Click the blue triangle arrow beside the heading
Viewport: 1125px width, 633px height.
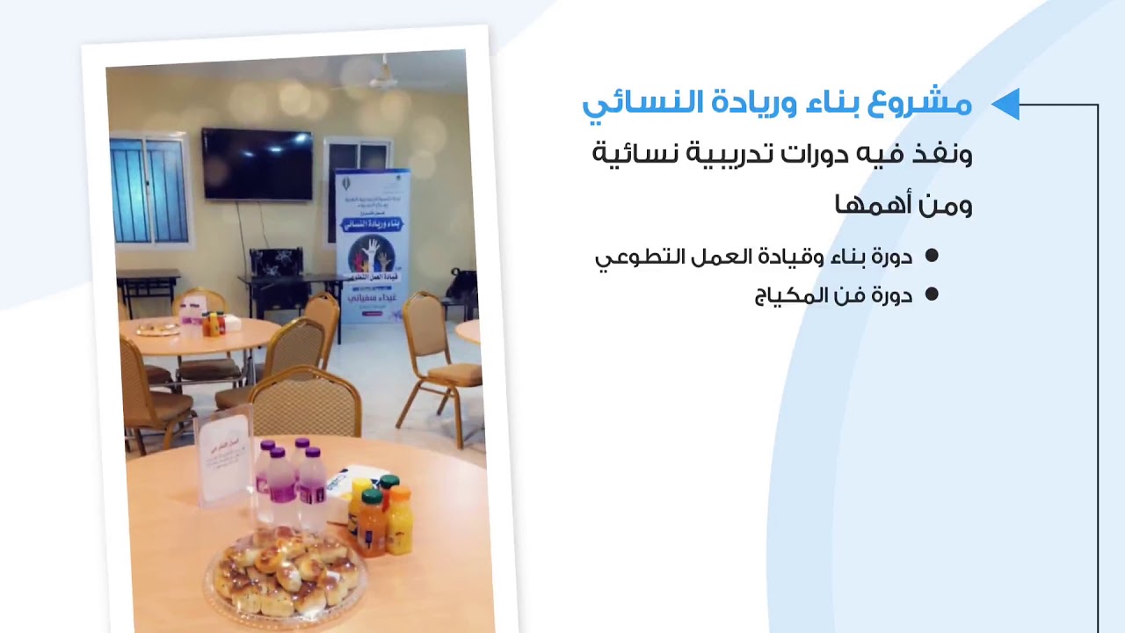pyautogui.click(x=1005, y=104)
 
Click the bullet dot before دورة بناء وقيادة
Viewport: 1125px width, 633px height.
pyautogui.click(x=932, y=256)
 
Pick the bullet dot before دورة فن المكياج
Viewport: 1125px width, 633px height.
pyautogui.click(x=932, y=295)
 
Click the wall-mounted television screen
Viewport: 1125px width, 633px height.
pyautogui.click(x=257, y=164)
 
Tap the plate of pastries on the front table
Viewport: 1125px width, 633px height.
pyautogui.click(x=286, y=572)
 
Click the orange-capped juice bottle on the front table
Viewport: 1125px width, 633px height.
pyautogui.click(x=400, y=520)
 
